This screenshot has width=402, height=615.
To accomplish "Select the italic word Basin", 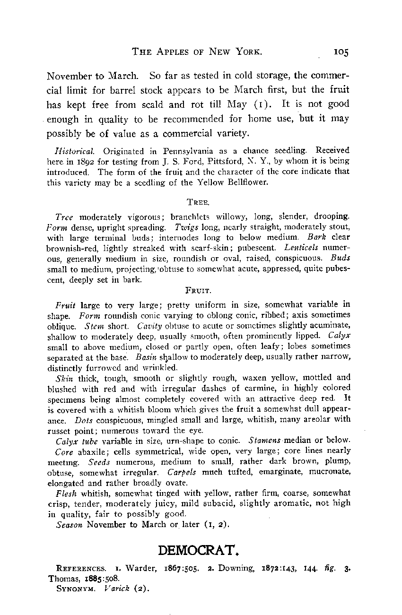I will click(x=145, y=357).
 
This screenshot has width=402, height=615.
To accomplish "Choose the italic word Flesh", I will click(x=66, y=493).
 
